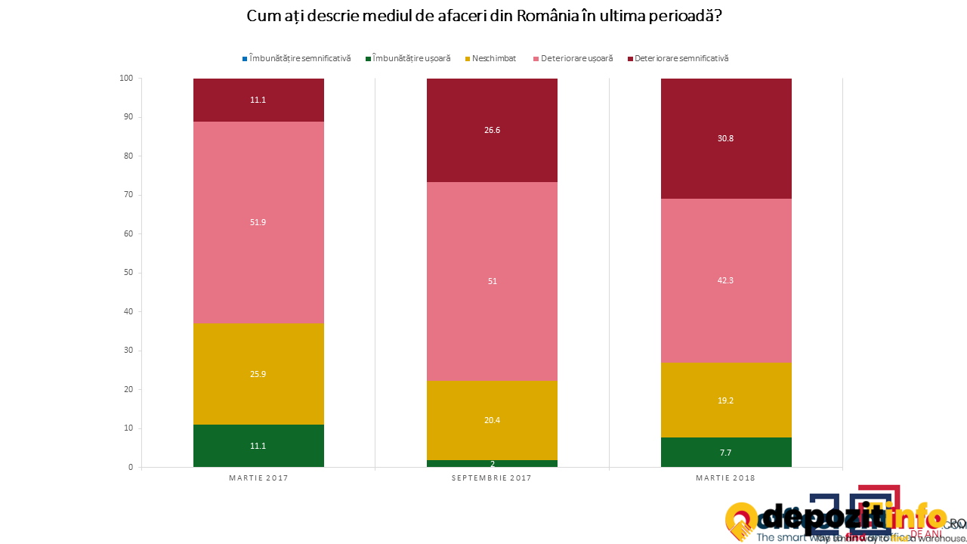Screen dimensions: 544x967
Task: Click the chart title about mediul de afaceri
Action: tap(483, 16)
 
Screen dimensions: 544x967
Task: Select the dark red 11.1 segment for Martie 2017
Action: tap(258, 100)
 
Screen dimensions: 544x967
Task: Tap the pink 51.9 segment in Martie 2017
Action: tap(258, 222)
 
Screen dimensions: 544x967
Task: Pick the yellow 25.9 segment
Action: tap(258, 374)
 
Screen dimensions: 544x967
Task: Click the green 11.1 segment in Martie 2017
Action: tap(258, 446)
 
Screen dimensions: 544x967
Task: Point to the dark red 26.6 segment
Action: tap(492, 130)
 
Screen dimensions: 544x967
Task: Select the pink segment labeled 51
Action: tap(492, 281)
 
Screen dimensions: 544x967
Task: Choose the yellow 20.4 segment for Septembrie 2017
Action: tap(492, 420)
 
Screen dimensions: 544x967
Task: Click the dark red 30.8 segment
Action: tap(726, 138)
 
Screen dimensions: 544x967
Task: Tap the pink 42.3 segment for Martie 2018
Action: tap(726, 280)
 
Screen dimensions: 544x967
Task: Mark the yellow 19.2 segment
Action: tap(726, 400)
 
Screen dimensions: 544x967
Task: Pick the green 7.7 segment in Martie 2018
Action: tap(726, 453)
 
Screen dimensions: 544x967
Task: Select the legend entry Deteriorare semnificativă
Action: tap(681, 58)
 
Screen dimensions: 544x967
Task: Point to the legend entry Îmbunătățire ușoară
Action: tap(412, 58)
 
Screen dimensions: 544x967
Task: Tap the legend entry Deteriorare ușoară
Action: tap(576, 58)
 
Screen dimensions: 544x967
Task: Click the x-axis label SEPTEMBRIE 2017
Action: tap(492, 478)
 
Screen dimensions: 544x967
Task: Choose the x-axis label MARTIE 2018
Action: tap(726, 478)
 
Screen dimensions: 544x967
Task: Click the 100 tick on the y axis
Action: tap(125, 78)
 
